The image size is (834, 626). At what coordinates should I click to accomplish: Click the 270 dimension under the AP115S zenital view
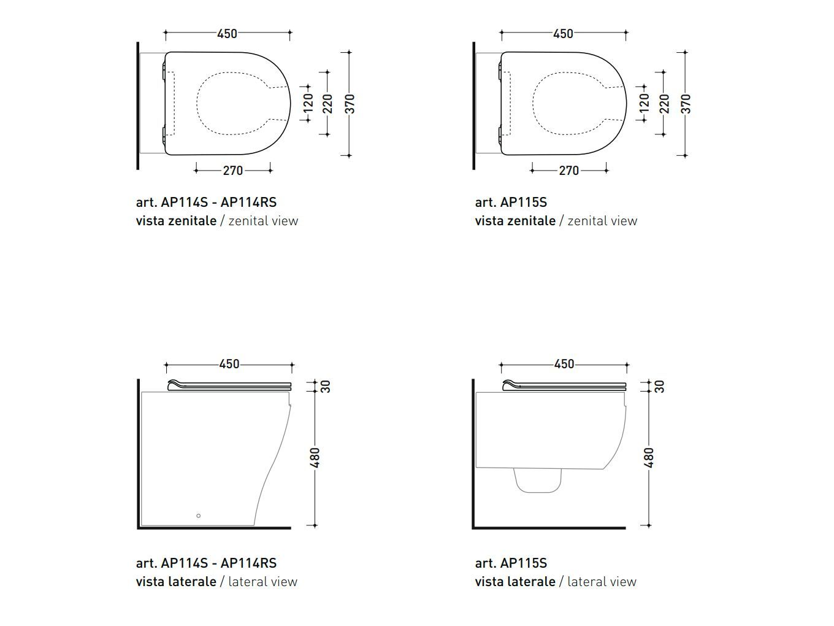point(569,171)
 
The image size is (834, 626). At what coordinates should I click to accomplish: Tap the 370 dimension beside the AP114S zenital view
point(351,104)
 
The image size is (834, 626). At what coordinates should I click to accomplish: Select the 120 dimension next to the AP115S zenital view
point(645,103)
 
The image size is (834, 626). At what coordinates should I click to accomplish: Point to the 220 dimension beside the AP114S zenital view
point(327,104)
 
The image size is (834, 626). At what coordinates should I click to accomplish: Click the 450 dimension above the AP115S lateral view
point(564,364)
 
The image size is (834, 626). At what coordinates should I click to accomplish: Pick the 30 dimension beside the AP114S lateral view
point(326,387)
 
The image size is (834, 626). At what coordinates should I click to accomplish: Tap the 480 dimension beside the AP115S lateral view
point(649,458)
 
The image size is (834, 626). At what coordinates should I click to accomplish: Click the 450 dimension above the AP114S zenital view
point(228,34)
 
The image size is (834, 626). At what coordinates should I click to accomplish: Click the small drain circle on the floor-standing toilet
point(198,516)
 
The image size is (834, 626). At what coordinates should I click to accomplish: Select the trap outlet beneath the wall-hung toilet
point(537,481)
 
